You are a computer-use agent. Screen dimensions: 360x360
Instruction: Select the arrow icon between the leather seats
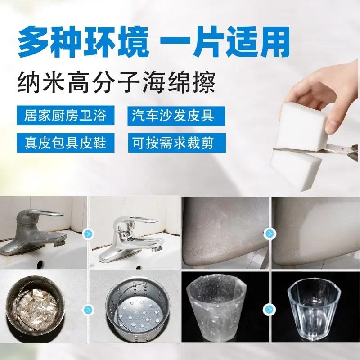point(269,234)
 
